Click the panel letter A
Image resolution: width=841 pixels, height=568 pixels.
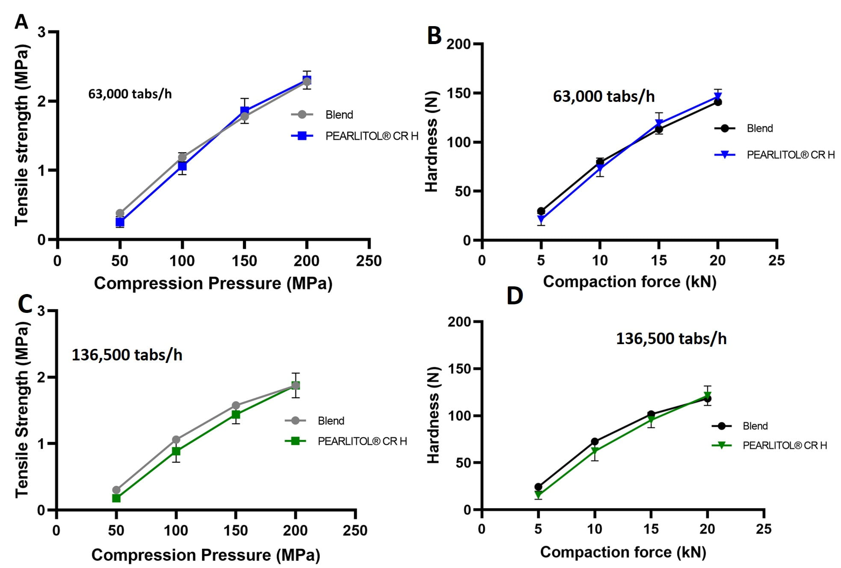coord(21,21)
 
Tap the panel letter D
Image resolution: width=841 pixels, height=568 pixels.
coord(515,295)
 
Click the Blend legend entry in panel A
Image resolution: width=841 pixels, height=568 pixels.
coord(339,115)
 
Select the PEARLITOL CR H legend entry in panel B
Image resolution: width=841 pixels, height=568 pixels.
coord(790,155)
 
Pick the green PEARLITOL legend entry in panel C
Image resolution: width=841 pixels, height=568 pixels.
coord(362,441)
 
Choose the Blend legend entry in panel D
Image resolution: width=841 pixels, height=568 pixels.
coord(755,426)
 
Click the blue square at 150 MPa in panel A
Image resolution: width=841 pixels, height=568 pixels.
coord(244,110)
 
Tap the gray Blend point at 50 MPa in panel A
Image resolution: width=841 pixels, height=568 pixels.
coord(120,213)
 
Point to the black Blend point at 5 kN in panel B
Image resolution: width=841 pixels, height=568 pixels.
coord(541,211)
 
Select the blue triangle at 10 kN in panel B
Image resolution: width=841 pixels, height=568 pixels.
coord(600,169)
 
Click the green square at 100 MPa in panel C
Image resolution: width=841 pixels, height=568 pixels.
coord(176,451)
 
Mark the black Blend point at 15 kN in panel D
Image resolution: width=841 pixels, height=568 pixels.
coord(651,414)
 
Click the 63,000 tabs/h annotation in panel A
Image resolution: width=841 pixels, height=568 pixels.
coord(130,94)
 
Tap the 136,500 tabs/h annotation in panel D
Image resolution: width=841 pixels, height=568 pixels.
coord(671,339)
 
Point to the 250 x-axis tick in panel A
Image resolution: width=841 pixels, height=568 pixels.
coord(369,261)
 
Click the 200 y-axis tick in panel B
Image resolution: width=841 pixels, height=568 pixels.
coord(458,44)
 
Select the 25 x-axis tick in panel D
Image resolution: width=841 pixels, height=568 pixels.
coord(764,529)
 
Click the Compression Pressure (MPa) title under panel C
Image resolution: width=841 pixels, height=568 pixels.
coord(206,555)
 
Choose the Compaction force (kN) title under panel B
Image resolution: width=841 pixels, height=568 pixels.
coord(629,282)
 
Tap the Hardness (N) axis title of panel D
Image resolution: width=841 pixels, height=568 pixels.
coord(433,415)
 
